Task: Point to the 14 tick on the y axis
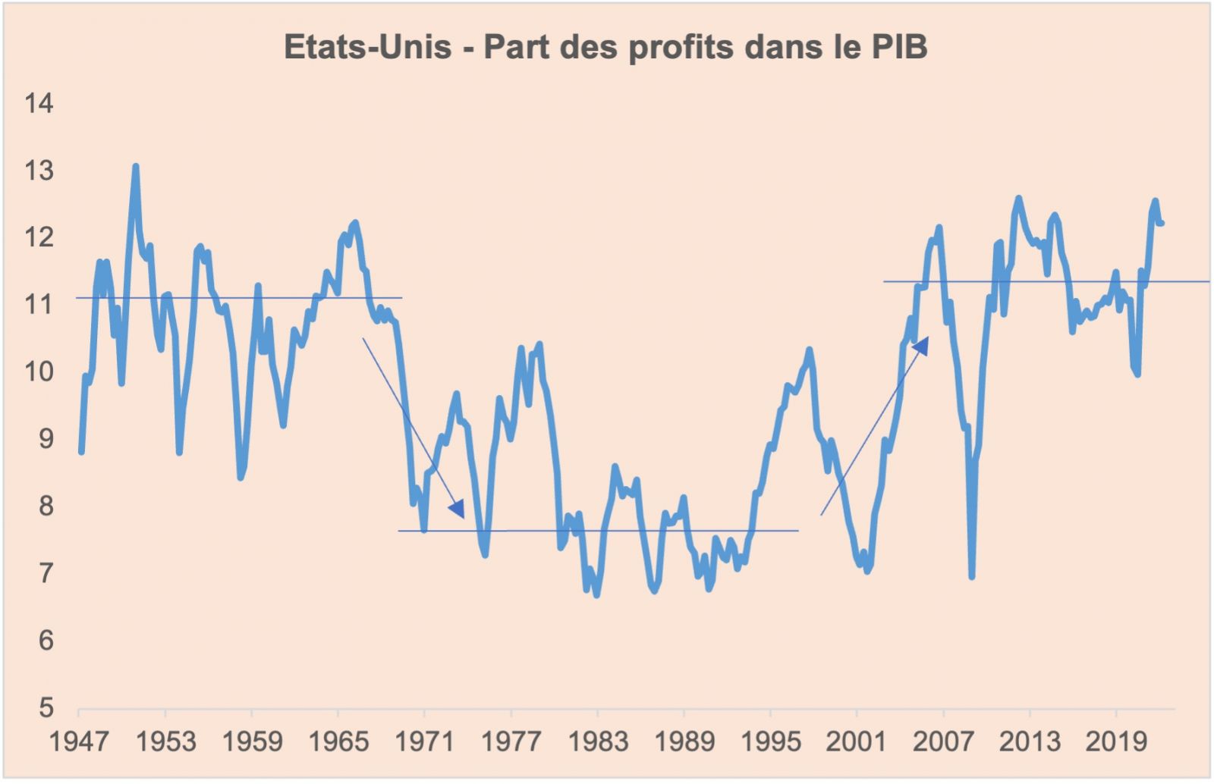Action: coord(39,103)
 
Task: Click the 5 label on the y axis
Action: coord(46,707)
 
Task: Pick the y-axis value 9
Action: coord(46,438)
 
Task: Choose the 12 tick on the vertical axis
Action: coord(39,237)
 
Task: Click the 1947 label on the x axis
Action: coord(79,741)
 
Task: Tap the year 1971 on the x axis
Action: coord(425,741)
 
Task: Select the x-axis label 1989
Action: coord(684,741)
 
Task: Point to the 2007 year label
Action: coord(943,741)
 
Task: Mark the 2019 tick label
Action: coord(1115,741)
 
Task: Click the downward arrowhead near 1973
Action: coord(457,509)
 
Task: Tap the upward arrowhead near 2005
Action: coord(920,346)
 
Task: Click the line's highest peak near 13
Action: coord(135,166)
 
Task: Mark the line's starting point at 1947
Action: coord(81,452)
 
